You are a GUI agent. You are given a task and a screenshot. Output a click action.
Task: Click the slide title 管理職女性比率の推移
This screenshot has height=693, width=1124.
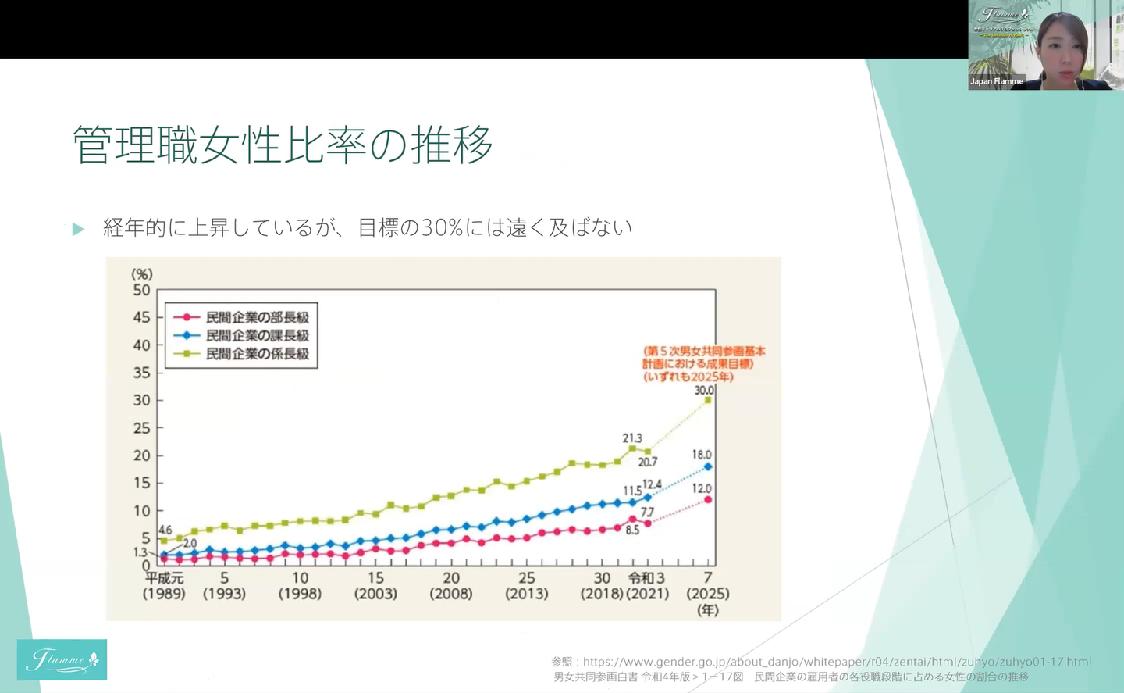(x=283, y=145)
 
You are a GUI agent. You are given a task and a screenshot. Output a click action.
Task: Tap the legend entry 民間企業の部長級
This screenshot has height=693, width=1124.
(x=257, y=317)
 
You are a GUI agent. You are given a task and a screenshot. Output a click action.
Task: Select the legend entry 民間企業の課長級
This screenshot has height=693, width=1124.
(x=257, y=335)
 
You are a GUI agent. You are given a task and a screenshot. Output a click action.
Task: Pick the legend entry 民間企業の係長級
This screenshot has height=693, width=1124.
(x=257, y=354)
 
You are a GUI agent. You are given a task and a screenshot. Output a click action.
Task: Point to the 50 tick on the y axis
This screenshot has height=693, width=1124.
(x=141, y=290)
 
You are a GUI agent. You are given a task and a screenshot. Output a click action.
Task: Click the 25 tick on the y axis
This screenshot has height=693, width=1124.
(x=141, y=428)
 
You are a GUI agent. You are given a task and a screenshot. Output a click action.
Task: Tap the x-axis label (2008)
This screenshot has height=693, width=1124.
(x=451, y=594)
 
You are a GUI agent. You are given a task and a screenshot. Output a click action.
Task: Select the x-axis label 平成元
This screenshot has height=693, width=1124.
(x=164, y=578)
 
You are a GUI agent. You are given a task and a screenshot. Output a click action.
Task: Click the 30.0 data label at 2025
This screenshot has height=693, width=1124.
(x=704, y=390)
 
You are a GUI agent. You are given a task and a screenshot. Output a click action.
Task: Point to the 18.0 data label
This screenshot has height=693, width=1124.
(x=702, y=455)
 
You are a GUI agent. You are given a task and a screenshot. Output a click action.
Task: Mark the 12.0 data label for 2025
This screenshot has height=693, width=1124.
(x=702, y=488)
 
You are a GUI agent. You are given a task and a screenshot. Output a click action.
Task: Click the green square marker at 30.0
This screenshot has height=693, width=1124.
(x=708, y=400)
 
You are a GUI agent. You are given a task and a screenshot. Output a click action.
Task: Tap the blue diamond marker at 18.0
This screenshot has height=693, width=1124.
(x=708, y=466)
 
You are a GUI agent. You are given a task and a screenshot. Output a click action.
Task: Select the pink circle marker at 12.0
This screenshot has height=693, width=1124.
(x=708, y=499)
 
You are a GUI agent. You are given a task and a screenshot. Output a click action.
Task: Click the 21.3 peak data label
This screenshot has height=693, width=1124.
(x=632, y=438)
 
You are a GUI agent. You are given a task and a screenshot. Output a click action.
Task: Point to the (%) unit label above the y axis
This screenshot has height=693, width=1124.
(x=142, y=274)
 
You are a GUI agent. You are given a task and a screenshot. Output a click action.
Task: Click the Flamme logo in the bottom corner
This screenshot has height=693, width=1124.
(x=62, y=660)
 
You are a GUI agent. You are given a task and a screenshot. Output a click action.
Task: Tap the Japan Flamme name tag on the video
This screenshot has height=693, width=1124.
(x=997, y=81)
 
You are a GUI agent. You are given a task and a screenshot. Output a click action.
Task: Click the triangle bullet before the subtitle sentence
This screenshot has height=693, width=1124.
(x=78, y=229)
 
